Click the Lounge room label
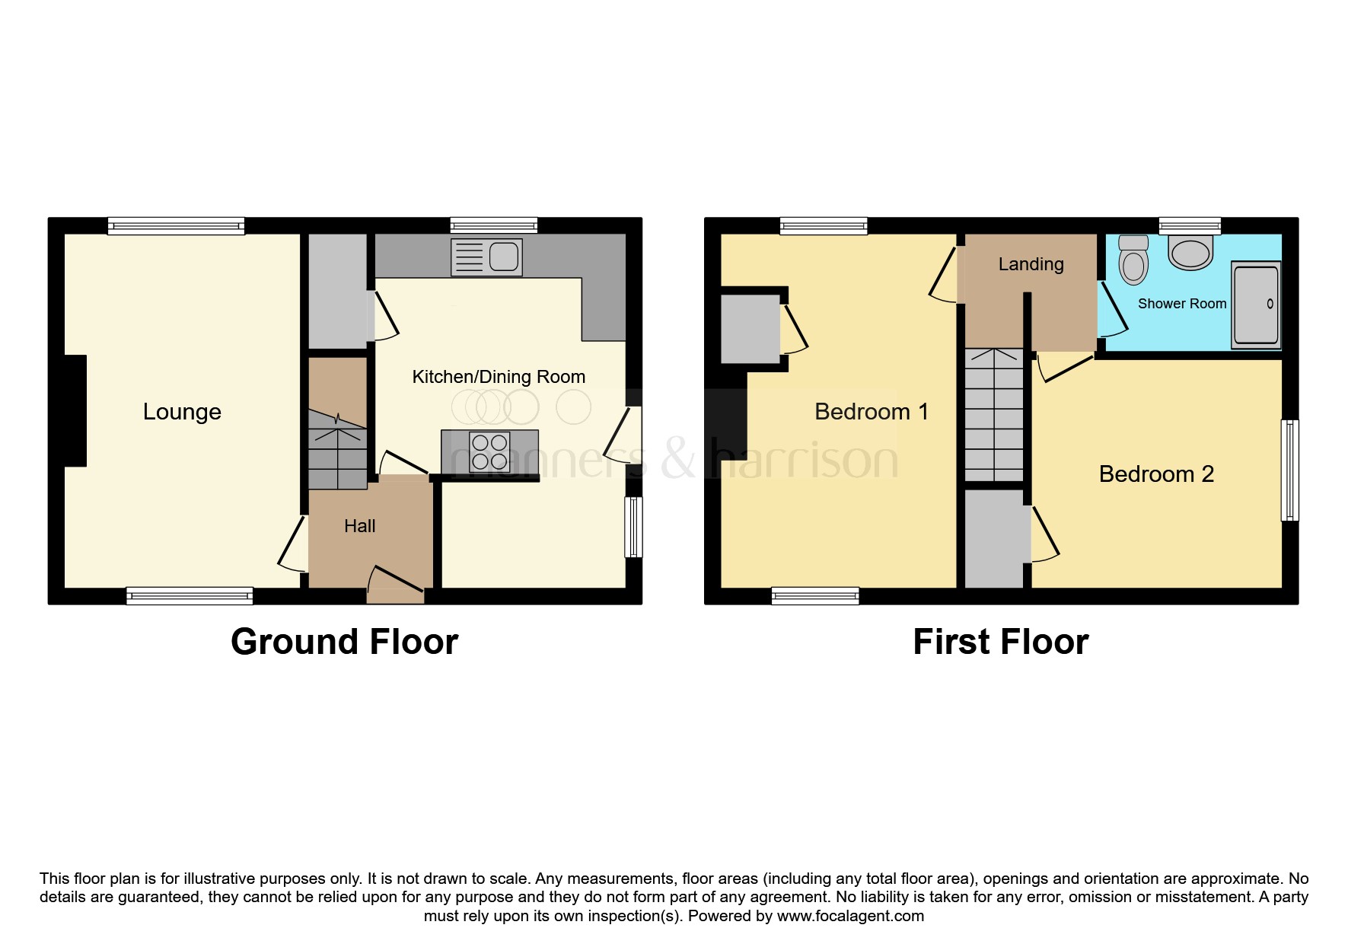[x=182, y=412]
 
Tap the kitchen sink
[x=486, y=257]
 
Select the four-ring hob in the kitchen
[x=489, y=451]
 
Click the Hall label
[x=359, y=526]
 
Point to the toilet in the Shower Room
[x=1133, y=260]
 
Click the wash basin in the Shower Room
[x=1190, y=253]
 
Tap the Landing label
[x=1031, y=264]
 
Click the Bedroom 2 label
[x=1155, y=474]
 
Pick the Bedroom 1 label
[x=871, y=412]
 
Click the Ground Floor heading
[x=344, y=642]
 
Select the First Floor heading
[x=1000, y=642]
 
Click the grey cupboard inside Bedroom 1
[x=750, y=329]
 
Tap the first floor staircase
[x=994, y=415]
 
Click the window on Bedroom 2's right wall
[x=1289, y=470]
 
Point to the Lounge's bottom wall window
[x=190, y=596]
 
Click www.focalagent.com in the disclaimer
[x=850, y=916]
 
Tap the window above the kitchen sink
[x=493, y=225]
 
